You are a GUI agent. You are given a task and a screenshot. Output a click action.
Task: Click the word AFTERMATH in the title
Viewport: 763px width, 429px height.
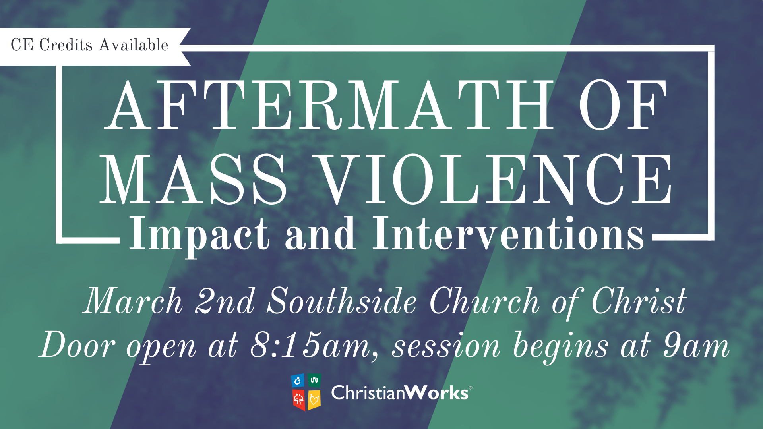[329, 105]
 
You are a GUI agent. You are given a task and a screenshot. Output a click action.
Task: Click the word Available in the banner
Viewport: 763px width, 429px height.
[134, 45]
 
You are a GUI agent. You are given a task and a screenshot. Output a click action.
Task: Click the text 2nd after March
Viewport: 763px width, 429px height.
[225, 301]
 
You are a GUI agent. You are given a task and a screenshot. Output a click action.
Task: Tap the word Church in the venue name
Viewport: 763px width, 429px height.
[484, 301]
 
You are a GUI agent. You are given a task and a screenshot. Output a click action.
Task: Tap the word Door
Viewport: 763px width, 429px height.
[77, 344]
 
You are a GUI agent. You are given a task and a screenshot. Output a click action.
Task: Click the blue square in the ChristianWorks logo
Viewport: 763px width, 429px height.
[298, 381]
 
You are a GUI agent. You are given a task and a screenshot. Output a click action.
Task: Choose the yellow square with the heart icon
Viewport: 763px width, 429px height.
[314, 400]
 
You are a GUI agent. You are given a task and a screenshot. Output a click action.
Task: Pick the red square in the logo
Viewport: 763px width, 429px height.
[298, 400]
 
